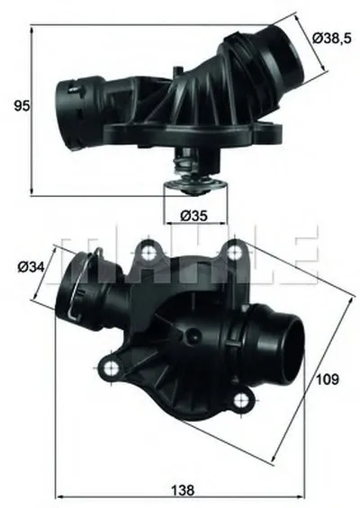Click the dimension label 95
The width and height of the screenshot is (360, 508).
[x=22, y=106]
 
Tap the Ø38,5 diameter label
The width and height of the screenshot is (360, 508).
[x=331, y=39]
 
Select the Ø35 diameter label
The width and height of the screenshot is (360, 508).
[x=193, y=216]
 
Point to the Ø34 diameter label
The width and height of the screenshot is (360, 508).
[x=31, y=267]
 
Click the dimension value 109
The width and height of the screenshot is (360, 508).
[x=328, y=379]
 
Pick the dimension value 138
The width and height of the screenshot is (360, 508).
[x=183, y=490]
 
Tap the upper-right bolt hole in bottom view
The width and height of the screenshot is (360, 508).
[x=233, y=253]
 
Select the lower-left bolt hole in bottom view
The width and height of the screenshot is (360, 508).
[x=112, y=368]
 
